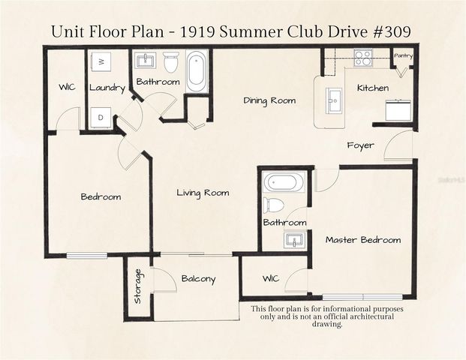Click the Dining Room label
tap(269, 100)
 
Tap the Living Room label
tap(203, 193)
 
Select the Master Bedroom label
tap(362, 240)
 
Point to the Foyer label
tap(360, 145)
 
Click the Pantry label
tap(403, 55)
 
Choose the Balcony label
tap(198, 279)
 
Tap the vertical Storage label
tap(137, 286)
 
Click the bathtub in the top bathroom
tap(196, 71)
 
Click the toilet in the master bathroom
tap(275, 205)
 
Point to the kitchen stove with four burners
tap(363, 58)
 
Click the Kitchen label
tap(372, 88)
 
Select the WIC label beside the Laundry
tap(67, 88)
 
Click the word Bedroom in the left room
tap(101, 196)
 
